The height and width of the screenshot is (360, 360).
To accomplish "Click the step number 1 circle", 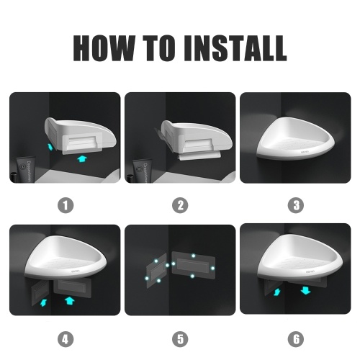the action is click(66, 205).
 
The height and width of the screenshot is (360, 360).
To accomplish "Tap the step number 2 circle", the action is click(180, 205).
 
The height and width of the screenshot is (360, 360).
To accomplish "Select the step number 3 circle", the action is click(296, 205).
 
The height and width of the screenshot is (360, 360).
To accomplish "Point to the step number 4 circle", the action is click(66, 339).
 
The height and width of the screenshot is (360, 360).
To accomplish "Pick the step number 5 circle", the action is click(180, 339).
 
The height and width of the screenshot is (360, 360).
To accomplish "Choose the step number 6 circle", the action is click(296, 339).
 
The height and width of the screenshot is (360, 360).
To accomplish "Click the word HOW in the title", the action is click(104, 48).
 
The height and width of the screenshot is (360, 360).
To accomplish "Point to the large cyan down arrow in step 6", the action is click(305, 290).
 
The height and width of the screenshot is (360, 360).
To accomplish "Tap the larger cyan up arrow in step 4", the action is click(70, 300).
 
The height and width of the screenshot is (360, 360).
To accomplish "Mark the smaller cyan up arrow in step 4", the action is click(43, 302).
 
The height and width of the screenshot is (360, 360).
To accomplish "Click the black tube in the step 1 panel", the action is click(26, 170).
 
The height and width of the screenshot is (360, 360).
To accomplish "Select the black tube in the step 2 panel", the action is click(142, 171).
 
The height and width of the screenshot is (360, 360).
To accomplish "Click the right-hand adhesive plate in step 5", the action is click(194, 266).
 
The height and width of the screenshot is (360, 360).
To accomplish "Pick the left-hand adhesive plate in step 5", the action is click(156, 270).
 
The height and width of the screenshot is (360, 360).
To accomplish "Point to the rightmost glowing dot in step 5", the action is click(212, 268).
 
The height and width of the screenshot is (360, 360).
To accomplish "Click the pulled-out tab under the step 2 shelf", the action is click(199, 156).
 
